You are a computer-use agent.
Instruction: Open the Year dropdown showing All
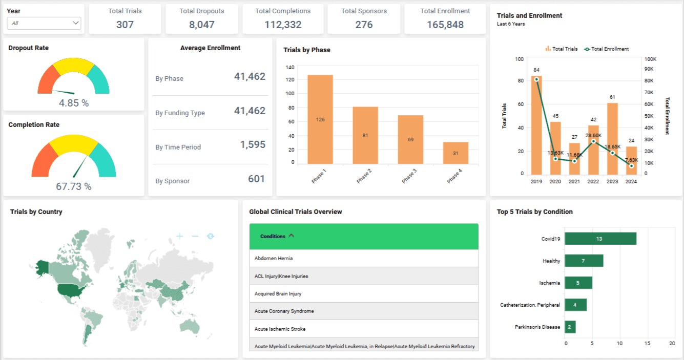[x=44, y=23]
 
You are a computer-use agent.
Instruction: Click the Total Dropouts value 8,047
[x=202, y=25]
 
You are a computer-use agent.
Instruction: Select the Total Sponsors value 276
[x=364, y=25]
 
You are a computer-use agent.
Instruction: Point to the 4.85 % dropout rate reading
[x=74, y=103]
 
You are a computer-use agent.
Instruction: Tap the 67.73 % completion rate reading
[x=74, y=186]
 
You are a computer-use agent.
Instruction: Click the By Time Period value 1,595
[x=253, y=145]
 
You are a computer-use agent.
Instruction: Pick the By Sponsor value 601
[x=256, y=179]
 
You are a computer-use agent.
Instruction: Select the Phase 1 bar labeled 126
[x=320, y=119]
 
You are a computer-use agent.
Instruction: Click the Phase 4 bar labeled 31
[x=455, y=153]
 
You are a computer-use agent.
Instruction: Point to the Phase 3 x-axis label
[x=408, y=176]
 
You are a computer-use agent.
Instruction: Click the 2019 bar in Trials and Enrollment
[x=536, y=125]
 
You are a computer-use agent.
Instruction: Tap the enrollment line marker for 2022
[x=593, y=141]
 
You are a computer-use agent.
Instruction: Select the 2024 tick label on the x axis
[x=631, y=182]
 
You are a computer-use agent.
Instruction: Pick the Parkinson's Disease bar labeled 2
[x=570, y=327]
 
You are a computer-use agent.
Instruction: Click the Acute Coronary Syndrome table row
[x=364, y=311]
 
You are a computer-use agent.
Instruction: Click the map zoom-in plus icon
[x=180, y=236]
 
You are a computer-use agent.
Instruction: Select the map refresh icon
[x=210, y=236]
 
